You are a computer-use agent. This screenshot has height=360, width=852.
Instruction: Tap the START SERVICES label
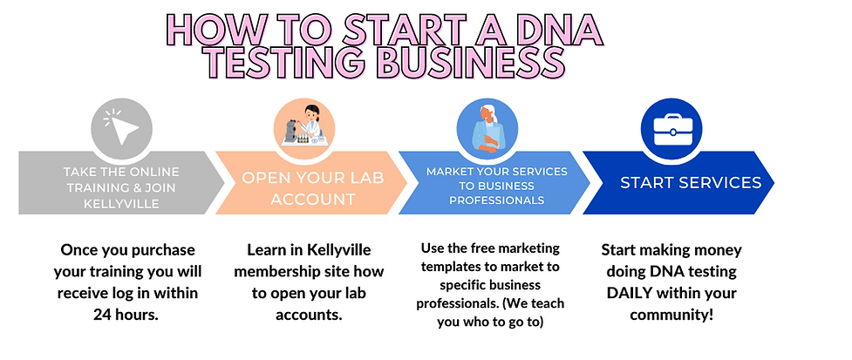tap(691, 183)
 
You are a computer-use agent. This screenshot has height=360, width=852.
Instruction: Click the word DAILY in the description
tap(636, 292)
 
